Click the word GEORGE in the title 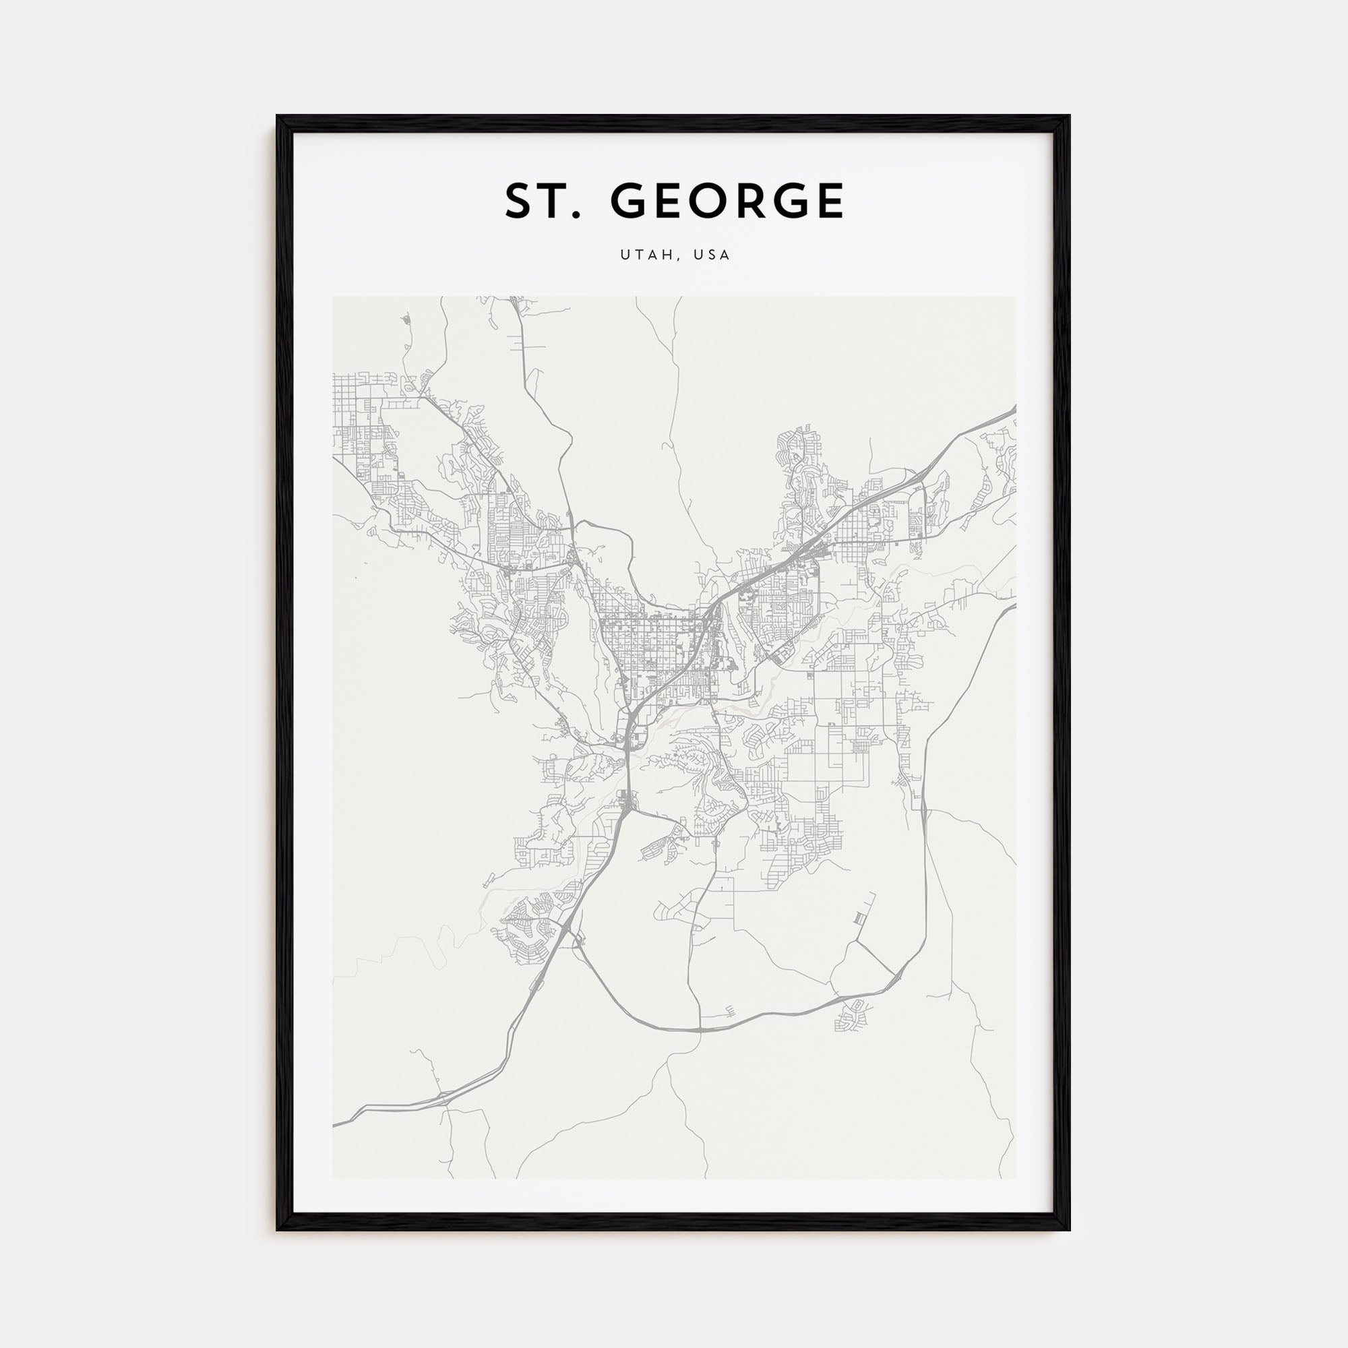727,201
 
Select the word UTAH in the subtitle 646,255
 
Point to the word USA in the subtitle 712,255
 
